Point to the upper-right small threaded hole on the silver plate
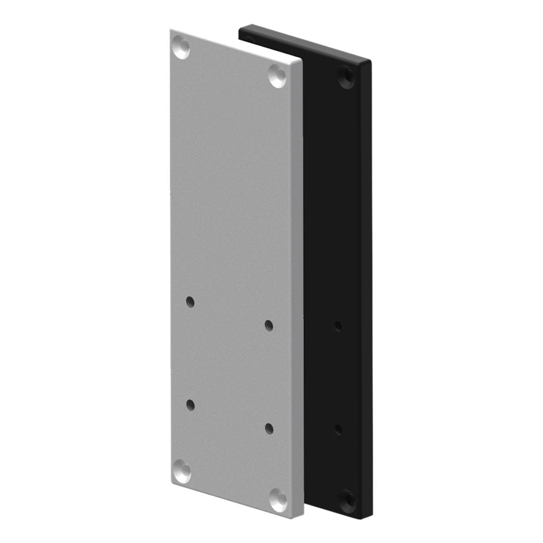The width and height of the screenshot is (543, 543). [269, 324]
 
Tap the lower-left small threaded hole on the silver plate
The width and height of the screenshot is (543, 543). [190, 404]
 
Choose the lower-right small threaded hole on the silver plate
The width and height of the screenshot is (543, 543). [269, 428]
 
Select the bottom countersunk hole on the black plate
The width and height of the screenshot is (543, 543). [348, 497]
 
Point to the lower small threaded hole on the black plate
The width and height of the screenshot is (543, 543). [337, 428]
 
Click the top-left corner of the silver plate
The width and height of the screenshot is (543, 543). [171, 30]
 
